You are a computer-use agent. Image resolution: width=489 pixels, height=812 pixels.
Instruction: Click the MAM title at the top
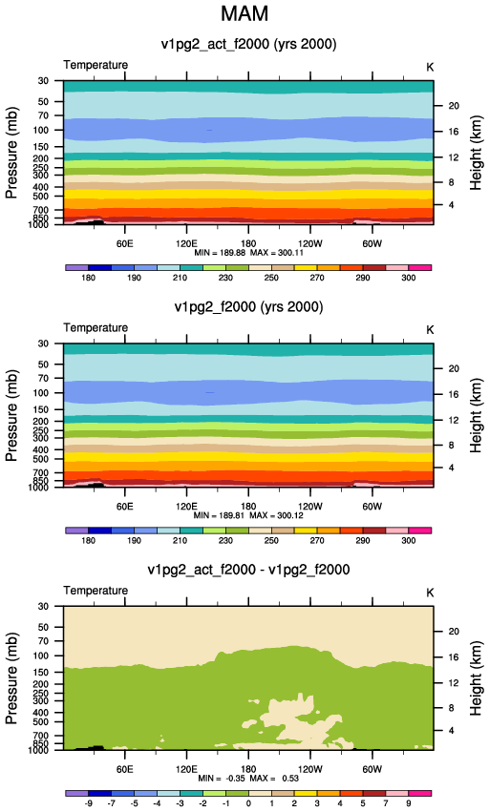244,13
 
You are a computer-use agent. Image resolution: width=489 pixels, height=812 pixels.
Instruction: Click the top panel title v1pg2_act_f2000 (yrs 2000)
248,44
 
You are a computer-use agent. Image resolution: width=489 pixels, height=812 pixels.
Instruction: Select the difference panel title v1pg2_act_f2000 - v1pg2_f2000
248,570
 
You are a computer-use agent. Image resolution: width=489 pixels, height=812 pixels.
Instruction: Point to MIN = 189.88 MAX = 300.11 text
248,253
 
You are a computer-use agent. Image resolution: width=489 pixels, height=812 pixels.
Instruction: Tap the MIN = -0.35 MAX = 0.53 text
248,779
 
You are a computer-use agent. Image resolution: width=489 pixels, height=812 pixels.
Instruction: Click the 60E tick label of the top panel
124,243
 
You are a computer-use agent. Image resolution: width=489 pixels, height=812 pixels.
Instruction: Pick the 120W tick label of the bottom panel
310,769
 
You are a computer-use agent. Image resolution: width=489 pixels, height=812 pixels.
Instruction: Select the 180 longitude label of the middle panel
248,506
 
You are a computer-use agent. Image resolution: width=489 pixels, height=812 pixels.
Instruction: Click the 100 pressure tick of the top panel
40,130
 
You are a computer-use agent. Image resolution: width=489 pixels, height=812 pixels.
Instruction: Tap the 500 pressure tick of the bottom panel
40,722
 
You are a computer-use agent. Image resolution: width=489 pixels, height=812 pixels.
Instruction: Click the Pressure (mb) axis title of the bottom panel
11,677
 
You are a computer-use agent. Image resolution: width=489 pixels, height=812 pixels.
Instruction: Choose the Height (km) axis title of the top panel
476,153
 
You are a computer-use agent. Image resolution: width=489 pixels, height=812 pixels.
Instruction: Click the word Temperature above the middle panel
96,328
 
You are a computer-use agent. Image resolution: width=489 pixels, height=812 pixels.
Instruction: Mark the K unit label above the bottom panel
430,593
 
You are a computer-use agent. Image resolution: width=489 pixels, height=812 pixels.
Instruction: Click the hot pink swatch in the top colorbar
420,268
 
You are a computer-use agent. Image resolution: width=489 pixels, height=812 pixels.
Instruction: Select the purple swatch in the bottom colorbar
77,793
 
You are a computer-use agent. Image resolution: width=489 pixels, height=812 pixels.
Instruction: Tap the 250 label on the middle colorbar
271,541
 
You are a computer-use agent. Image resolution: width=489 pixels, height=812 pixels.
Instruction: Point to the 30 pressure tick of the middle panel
43,344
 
